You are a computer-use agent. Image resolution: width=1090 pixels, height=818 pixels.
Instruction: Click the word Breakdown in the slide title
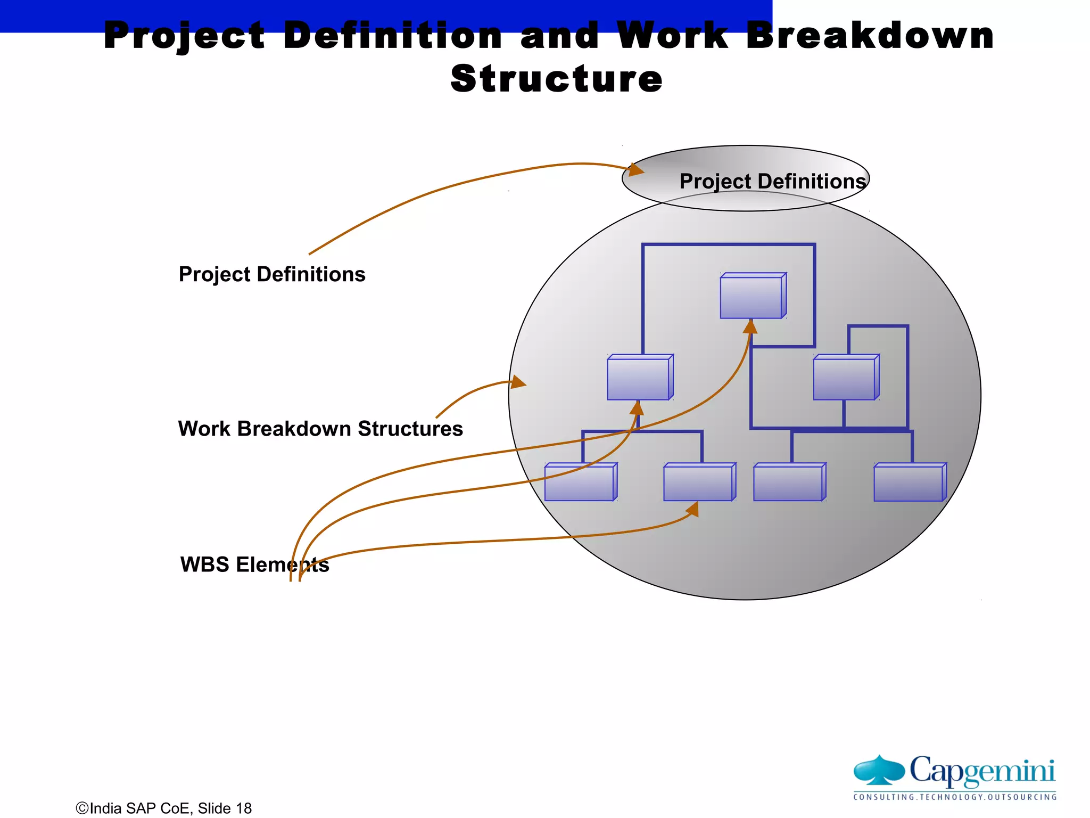tap(870, 36)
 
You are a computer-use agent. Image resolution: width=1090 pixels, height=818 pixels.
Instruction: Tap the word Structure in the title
tap(556, 79)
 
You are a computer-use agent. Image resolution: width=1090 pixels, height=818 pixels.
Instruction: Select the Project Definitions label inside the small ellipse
tap(772, 181)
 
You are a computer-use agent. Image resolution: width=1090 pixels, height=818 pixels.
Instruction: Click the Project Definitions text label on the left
tap(272, 274)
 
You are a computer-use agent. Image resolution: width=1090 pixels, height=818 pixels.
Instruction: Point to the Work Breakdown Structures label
tap(320, 429)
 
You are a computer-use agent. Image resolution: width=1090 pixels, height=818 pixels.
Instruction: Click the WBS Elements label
tap(254, 565)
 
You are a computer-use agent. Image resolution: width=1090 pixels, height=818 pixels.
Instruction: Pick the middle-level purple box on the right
tap(846, 378)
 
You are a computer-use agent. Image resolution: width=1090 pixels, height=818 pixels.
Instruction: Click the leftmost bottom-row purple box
tap(580, 482)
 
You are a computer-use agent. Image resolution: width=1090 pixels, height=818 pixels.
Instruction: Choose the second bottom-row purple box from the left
tap(699, 482)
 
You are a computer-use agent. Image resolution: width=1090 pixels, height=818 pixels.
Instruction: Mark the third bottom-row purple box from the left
tap(789, 482)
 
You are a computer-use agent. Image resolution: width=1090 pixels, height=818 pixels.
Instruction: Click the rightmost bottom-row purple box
tap(910, 482)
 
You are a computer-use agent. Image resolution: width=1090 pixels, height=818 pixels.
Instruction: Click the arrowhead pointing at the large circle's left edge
tap(518, 382)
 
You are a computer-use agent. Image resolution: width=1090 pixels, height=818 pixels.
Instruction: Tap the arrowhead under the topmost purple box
tap(750, 326)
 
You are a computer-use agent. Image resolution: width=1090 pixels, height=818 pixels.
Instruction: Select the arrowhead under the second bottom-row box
tap(693, 510)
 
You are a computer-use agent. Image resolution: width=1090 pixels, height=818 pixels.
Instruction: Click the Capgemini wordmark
tap(982, 771)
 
